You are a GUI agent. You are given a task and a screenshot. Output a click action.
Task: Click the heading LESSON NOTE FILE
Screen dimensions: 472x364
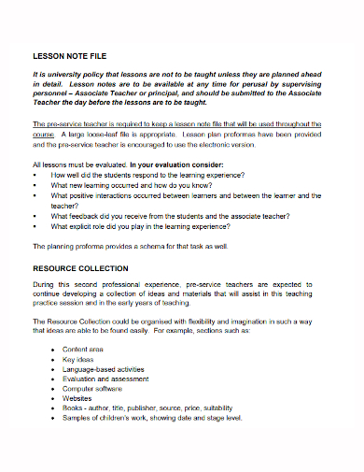(x=70, y=56)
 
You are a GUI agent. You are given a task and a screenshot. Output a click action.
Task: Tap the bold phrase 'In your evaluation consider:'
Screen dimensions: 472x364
(x=169, y=164)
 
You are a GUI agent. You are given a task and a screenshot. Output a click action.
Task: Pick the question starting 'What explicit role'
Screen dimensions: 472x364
(x=140, y=225)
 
